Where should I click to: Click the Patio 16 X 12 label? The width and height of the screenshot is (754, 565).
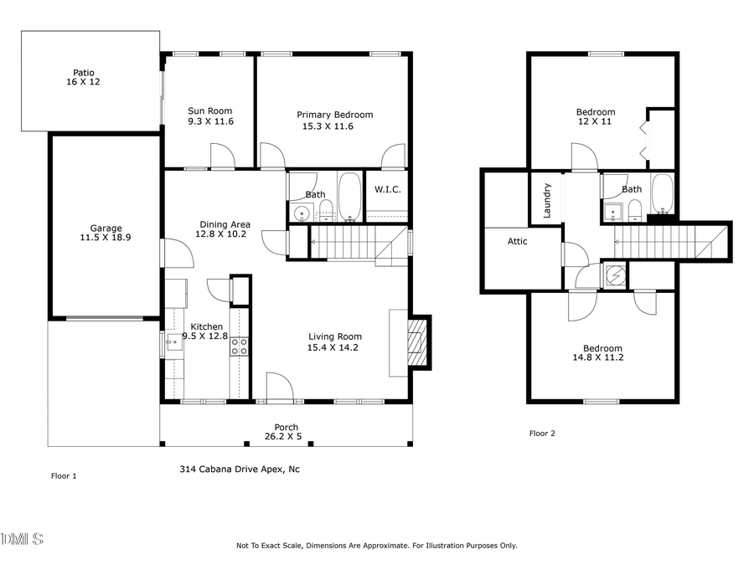pos(82,78)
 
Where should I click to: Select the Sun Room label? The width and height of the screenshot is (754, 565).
pos(209,116)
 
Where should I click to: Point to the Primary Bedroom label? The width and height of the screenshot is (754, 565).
pos(334,121)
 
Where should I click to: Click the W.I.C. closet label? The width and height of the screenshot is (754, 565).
pos(387,190)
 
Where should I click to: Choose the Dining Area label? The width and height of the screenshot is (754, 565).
pos(225,229)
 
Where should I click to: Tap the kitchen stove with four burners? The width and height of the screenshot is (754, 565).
pos(239,347)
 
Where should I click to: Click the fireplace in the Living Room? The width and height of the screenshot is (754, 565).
pos(416,343)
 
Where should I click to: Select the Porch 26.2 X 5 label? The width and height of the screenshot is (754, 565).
pos(286,432)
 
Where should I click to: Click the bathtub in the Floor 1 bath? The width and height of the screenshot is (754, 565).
pos(349,197)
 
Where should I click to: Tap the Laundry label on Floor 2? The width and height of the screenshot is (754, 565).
pos(547,201)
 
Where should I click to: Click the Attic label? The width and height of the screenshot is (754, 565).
pos(518,242)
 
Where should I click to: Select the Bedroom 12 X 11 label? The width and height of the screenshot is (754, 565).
pos(596,116)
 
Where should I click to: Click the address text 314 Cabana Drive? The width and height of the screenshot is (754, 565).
pos(240,470)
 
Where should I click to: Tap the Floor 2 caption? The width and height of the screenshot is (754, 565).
pos(542,434)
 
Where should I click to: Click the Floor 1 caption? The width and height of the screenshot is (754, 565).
pos(64,476)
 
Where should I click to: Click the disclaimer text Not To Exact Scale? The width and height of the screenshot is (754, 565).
pos(377,546)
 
